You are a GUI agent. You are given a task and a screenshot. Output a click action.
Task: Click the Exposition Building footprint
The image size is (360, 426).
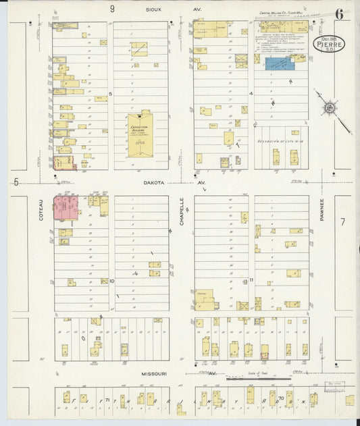coord(140,135)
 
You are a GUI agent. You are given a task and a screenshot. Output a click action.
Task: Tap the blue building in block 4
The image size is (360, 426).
coord(279,63)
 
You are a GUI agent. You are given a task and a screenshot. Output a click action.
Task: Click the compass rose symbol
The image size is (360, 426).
coord(330,107)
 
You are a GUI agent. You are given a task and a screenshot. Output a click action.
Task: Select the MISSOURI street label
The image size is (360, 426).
coord(155,373)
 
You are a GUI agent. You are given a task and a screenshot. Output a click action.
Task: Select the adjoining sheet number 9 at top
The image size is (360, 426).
coord(113,9)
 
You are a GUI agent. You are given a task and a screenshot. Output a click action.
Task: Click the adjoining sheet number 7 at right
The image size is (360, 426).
coord(342,222)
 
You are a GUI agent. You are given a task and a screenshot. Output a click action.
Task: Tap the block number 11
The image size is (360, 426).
coord(251,279)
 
